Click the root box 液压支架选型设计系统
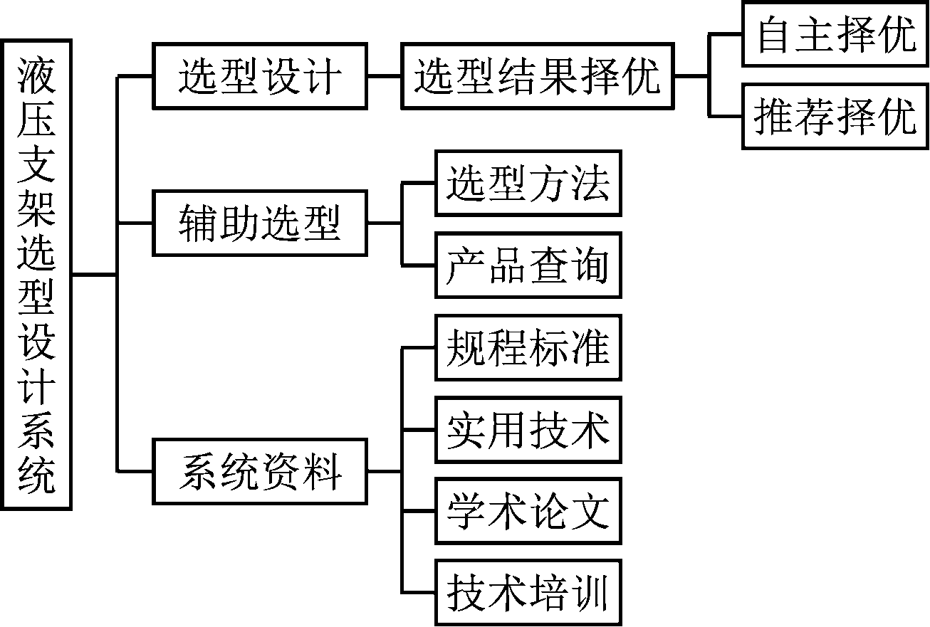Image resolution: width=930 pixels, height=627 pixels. click(37, 274)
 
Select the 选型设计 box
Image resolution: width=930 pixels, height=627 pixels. click(260, 76)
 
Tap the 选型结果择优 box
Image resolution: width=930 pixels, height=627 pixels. click(538, 76)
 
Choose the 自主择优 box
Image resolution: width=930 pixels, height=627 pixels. click(836, 34)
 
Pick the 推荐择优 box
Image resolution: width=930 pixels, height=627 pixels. click(836, 116)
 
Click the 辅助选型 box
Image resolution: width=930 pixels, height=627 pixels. click(260, 223)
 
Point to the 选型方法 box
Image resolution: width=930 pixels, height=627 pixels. click(528, 183)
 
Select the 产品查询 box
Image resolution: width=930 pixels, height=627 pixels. click(528, 265)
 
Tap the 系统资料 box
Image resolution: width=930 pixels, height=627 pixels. click(260, 472)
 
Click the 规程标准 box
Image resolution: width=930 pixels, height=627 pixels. click(528, 347)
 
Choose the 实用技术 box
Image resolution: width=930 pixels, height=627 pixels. click(528, 430)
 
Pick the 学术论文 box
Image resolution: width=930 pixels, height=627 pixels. click(528, 511)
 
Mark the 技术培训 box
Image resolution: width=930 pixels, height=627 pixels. click(528, 594)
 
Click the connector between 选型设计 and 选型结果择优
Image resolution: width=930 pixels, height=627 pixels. click(385, 76)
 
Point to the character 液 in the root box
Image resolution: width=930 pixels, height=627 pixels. click(37, 68)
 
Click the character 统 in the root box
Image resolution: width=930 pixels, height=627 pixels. click(37, 475)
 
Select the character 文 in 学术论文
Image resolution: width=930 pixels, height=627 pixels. click(590, 511)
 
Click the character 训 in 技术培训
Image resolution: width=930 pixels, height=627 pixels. click(590, 594)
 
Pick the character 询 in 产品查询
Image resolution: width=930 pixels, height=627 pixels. click(590, 265)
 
